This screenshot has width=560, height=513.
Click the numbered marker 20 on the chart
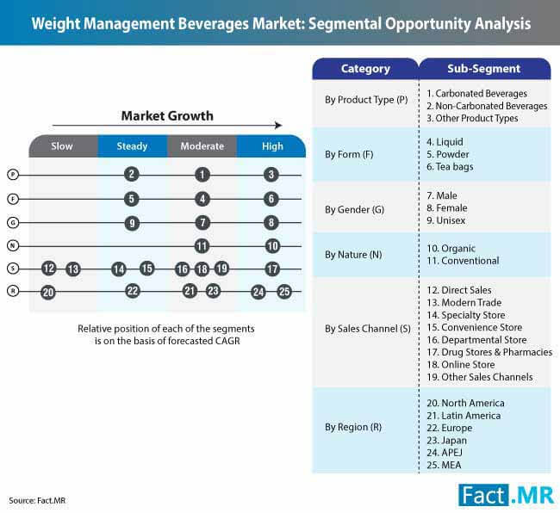48,293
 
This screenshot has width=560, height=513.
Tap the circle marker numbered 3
272,175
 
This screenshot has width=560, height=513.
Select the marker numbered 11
202,246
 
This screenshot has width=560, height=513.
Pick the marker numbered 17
272,269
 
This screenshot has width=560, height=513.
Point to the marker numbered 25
284,292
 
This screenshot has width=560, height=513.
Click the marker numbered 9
131,223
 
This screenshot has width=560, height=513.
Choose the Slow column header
62,146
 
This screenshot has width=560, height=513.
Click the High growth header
272,146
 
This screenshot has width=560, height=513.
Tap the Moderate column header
202,146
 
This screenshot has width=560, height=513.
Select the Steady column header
132,146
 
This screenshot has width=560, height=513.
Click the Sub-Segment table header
483,69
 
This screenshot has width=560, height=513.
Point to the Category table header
365,69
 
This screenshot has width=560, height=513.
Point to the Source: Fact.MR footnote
36,500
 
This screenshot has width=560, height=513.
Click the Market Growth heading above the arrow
166,116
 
